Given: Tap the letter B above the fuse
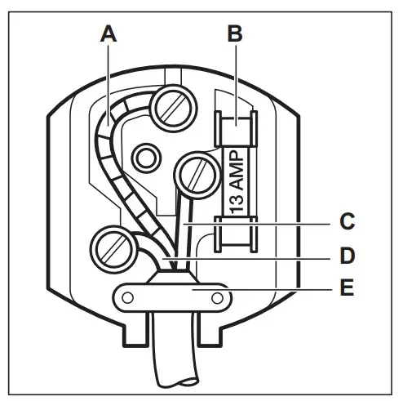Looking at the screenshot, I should tap(235, 33).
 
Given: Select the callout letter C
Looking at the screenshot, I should tap(346, 221).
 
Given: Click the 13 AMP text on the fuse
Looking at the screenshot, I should tap(234, 182).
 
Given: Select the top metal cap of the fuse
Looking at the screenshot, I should tap(234, 130).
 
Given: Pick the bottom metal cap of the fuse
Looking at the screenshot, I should tap(234, 235).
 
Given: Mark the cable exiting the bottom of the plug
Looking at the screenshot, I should tap(173, 359).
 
